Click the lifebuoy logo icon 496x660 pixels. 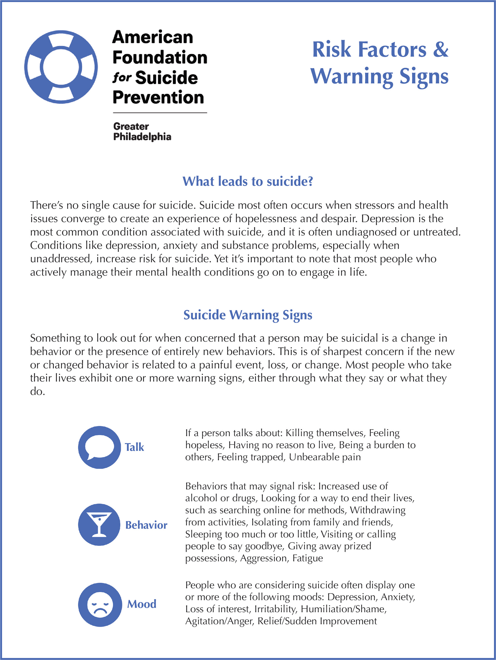point(61,67)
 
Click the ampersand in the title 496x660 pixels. point(440,50)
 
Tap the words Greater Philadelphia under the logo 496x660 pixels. point(142,132)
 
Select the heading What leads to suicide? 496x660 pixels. point(248,181)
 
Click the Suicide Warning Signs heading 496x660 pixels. point(248,315)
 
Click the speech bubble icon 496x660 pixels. point(99,447)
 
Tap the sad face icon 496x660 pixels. point(100,605)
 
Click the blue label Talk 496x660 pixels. point(134,447)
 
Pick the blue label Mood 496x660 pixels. point(142,604)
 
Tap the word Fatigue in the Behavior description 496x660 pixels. point(308,558)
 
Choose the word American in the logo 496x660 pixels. point(153,37)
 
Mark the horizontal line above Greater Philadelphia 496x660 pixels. point(160,113)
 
